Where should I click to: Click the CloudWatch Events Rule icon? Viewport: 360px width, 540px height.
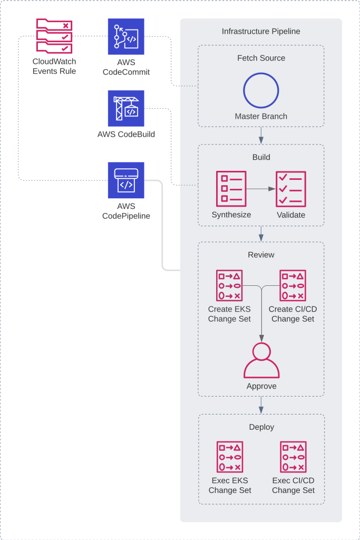pos(54,36)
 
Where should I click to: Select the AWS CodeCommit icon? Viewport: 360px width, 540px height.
pos(126,36)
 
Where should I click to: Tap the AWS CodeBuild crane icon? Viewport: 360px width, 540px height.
pos(126,109)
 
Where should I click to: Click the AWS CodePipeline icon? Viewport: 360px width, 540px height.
pos(126,180)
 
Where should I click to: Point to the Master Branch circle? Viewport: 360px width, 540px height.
pos(261,91)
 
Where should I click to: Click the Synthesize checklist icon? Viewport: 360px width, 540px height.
pos(231,189)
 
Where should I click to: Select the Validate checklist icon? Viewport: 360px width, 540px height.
pos(291,189)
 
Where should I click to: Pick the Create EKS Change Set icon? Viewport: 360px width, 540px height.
pos(230,286)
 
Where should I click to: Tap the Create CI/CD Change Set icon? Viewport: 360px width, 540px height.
pos(293,286)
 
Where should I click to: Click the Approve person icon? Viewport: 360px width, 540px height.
pos(261,360)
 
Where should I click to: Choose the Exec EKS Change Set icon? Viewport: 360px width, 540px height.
pos(230,457)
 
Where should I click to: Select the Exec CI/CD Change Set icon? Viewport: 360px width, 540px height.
pos(293,457)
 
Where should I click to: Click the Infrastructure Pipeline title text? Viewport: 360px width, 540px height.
pos(261,32)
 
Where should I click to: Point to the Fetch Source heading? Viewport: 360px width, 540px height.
pos(261,58)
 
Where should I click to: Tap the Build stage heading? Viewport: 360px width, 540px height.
pos(261,157)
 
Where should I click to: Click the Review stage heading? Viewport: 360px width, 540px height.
pos(261,255)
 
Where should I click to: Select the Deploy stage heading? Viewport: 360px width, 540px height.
pos(261,427)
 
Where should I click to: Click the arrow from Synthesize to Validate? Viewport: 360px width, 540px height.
pos(261,189)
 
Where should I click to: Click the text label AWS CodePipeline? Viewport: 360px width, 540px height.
pos(126,211)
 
